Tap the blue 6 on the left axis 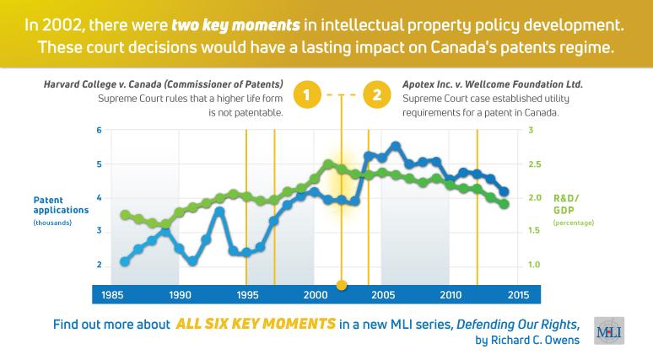[x=99, y=131]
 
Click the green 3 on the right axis [x=530, y=131]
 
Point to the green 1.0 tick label [x=532, y=265]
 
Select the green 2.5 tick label [x=534, y=164]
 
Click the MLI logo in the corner [x=610, y=331]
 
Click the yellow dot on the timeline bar [x=341, y=285]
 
